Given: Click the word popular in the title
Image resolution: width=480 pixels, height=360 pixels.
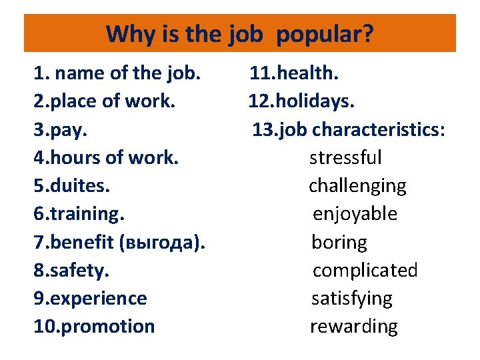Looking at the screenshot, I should coord(324,34).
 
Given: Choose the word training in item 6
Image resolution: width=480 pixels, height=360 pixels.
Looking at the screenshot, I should coord(87,214).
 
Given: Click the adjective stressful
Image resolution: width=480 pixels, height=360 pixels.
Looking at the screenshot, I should coord(345,157).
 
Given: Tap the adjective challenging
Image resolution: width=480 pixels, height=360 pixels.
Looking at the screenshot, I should coord(357,186).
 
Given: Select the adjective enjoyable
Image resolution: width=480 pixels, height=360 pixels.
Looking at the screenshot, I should coord(355,214).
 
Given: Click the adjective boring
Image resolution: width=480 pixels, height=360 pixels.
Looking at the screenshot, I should coord(339,242).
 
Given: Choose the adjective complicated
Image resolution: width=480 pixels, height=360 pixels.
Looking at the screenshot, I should coord(365,270).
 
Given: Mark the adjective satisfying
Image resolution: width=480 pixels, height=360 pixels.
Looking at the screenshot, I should coord(352,299).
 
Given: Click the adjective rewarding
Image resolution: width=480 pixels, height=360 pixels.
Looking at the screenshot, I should coord(353,327).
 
